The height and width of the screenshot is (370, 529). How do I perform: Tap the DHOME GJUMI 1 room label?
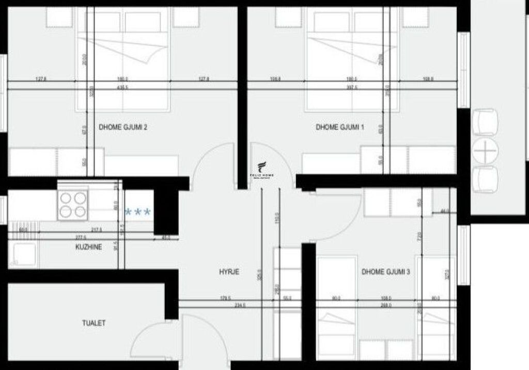click(340, 126)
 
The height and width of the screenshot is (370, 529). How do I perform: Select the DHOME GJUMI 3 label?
click(385, 271)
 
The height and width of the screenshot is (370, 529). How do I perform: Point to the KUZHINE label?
click(88, 247)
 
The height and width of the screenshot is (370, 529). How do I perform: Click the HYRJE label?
click(229, 272)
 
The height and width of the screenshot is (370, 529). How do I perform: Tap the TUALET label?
click(94, 323)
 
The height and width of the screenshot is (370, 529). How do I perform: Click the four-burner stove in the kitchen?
click(73, 205)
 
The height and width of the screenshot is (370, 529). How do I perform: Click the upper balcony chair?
click(485, 122)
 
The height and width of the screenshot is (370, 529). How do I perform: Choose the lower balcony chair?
click(485, 179)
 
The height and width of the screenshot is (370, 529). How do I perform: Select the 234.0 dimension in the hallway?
click(239, 306)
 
